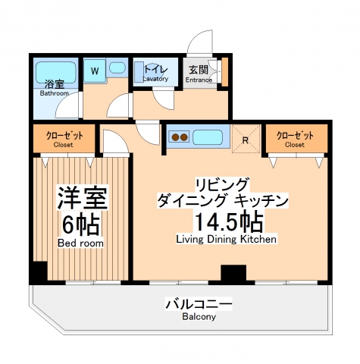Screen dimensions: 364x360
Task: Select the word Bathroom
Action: click(x=54, y=93)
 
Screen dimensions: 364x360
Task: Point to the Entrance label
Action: click(x=199, y=79)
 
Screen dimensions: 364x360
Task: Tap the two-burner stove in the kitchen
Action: click(x=180, y=138)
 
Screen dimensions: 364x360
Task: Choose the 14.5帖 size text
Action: click(x=227, y=221)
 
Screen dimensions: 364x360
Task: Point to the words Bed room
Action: click(x=80, y=243)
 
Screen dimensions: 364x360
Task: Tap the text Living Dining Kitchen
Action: click(x=226, y=239)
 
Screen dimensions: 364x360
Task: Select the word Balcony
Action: click(x=199, y=317)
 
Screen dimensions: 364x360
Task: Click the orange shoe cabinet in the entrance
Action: click(x=223, y=71)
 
